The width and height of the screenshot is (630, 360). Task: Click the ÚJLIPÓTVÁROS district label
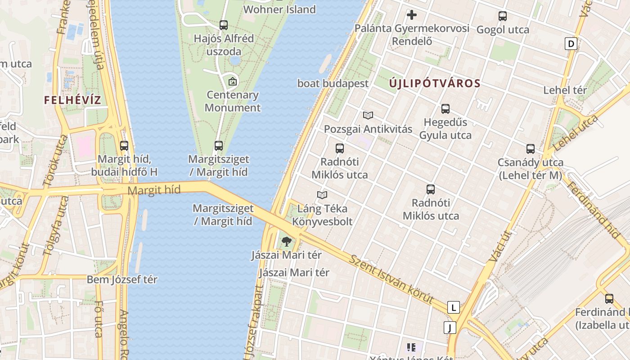435,83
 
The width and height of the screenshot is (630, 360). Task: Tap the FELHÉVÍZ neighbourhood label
72,100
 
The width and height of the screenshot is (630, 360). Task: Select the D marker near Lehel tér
571,44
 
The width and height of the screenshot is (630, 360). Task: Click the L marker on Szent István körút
454,307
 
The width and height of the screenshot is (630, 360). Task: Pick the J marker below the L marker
450,328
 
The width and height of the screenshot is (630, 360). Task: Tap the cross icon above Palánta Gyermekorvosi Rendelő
411,15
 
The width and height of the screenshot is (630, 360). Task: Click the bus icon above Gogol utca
503,16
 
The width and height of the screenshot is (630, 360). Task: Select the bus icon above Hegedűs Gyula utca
445,109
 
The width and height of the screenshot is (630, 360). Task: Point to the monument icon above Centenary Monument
233,81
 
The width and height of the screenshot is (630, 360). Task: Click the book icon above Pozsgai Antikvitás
368,116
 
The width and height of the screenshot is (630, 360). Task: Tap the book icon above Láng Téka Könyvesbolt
322,195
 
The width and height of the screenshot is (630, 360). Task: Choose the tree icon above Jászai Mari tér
286,242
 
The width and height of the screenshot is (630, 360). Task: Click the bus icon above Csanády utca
531,149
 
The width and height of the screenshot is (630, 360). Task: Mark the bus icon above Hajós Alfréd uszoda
224,25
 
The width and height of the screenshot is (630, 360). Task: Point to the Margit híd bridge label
154,190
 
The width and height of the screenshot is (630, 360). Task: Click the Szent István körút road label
391,279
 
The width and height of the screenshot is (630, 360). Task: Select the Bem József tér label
122,279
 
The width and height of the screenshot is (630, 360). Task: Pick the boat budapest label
333,83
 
